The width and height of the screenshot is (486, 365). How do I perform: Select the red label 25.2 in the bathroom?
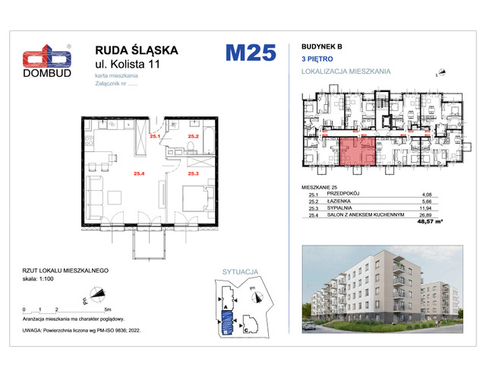coord(194,137)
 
